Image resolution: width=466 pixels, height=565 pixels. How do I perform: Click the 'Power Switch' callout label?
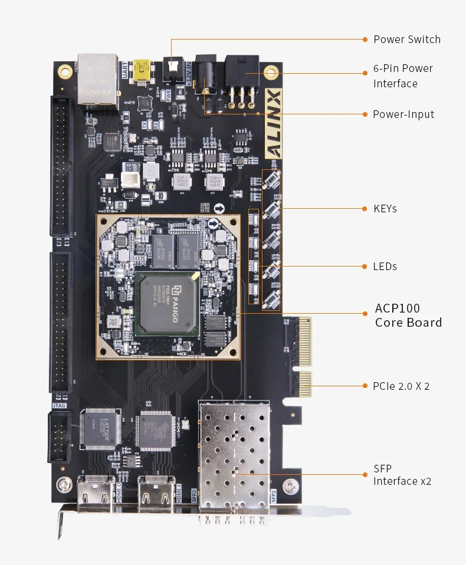click(406, 40)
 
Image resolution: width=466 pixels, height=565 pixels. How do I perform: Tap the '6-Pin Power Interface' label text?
click(403, 76)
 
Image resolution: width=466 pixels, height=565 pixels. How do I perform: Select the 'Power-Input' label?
click(403, 114)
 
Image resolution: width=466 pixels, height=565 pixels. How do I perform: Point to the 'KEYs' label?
click(385, 209)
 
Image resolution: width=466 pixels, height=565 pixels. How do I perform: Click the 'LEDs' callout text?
click(385, 267)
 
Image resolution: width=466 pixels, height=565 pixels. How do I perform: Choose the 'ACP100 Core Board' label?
click(408, 315)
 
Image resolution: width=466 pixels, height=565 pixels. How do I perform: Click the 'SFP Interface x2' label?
click(402, 475)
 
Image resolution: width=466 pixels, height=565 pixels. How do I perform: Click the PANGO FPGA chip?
click(167, 304)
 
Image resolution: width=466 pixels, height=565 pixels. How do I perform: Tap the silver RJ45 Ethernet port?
click(97, 78)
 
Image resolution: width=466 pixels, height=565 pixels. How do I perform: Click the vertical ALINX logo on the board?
click(274, 123)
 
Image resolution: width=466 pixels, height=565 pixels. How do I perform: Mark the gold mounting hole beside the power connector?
click(271, 74)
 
